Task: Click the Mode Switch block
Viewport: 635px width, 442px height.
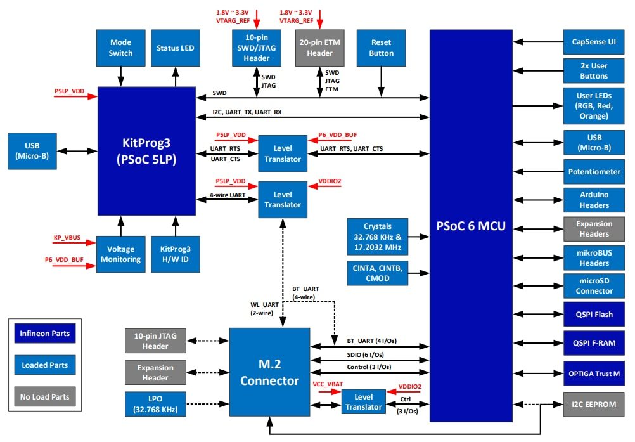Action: click(x=120, y=48)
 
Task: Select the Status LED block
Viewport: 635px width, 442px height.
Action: click(x=176, y=48)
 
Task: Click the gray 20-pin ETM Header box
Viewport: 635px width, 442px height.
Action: click(x=319, y=48)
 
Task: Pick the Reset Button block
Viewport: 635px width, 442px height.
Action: click(x=381, y=48)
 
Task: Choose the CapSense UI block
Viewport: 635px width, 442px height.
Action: click(x=594, y=42)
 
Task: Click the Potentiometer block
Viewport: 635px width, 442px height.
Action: click(x=594, y=171)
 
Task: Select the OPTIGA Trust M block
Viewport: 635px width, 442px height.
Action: click(x=594, y=373)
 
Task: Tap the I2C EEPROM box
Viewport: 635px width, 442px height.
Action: click(x=594, y=404)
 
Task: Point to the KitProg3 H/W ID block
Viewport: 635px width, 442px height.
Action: click(x=176, y=254)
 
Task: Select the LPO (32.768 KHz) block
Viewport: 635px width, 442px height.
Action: click(x=155, y=404)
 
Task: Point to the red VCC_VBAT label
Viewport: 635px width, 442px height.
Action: click(x=328, y=384)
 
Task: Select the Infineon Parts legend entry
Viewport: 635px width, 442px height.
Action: click(x=44, y=333)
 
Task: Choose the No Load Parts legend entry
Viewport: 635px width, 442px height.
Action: click(x=44, y=397)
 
